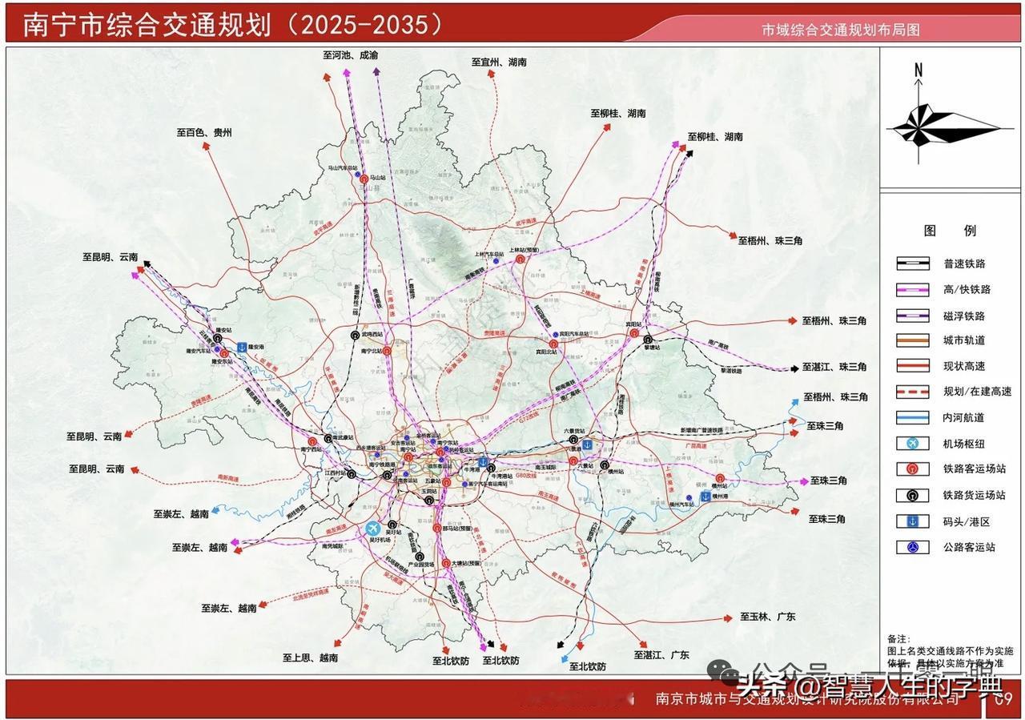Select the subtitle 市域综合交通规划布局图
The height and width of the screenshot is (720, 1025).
[x=840, y=30]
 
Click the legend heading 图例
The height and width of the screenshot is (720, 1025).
[x=950, y=231]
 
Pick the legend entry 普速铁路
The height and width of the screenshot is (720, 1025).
[x=964, y=263]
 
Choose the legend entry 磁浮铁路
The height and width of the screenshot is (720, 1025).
[x=964, y=316]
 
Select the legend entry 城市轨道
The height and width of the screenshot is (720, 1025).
[x=964, y=340]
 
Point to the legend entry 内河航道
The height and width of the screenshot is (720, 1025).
[x=964, y=417]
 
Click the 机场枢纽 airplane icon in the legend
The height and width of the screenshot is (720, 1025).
[x=913, y=444]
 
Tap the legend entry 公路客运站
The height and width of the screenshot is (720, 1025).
[x=969, y=547]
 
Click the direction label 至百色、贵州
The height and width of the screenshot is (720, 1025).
[x=204, y=134]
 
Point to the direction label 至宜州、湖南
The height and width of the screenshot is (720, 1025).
[x=498, y=62]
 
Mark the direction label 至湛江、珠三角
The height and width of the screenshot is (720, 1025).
[x=834, y=367]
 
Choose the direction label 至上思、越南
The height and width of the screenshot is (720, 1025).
[x=309, y=658]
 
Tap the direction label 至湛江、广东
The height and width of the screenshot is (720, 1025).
[x=661, y=654]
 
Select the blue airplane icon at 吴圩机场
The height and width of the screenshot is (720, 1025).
[x=372, y=529]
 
